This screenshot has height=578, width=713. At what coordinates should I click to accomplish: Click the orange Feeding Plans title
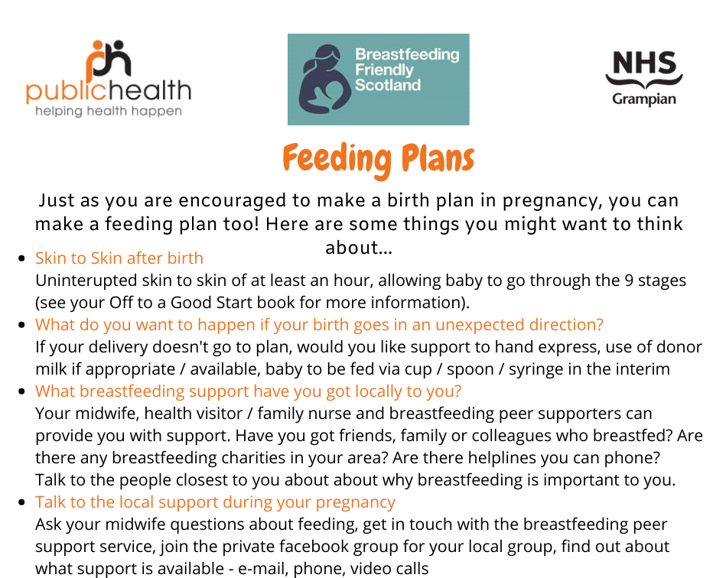pyautogui.click(x=379, y=158)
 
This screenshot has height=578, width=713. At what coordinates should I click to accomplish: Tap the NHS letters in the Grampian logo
pyautogui.click(x=644, y=63)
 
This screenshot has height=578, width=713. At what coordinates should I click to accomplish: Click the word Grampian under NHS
pyautogui.click(x=644, y=99)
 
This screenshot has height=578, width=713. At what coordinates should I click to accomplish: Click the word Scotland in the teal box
pyautogui.click(x=387, y=85)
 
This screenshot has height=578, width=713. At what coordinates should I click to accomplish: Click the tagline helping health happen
pyautogui.click(x=109, y=111)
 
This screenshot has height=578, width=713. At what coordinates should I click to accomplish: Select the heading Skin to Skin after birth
pyautogui.click(x=119, y=258)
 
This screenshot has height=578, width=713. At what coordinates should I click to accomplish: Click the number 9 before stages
pyautogui.click(x=629, y=281)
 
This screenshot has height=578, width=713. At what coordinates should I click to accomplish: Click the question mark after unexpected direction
pyautogui.click(x=599, y=324)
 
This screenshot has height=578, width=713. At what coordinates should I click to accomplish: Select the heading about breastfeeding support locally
pyautogui.click(x=249, y=391)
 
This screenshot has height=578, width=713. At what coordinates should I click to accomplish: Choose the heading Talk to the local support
pyautogui.click(x=215, y=502)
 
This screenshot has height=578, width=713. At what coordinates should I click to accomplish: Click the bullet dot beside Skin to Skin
pyautogui.click(x=21, y=258)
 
